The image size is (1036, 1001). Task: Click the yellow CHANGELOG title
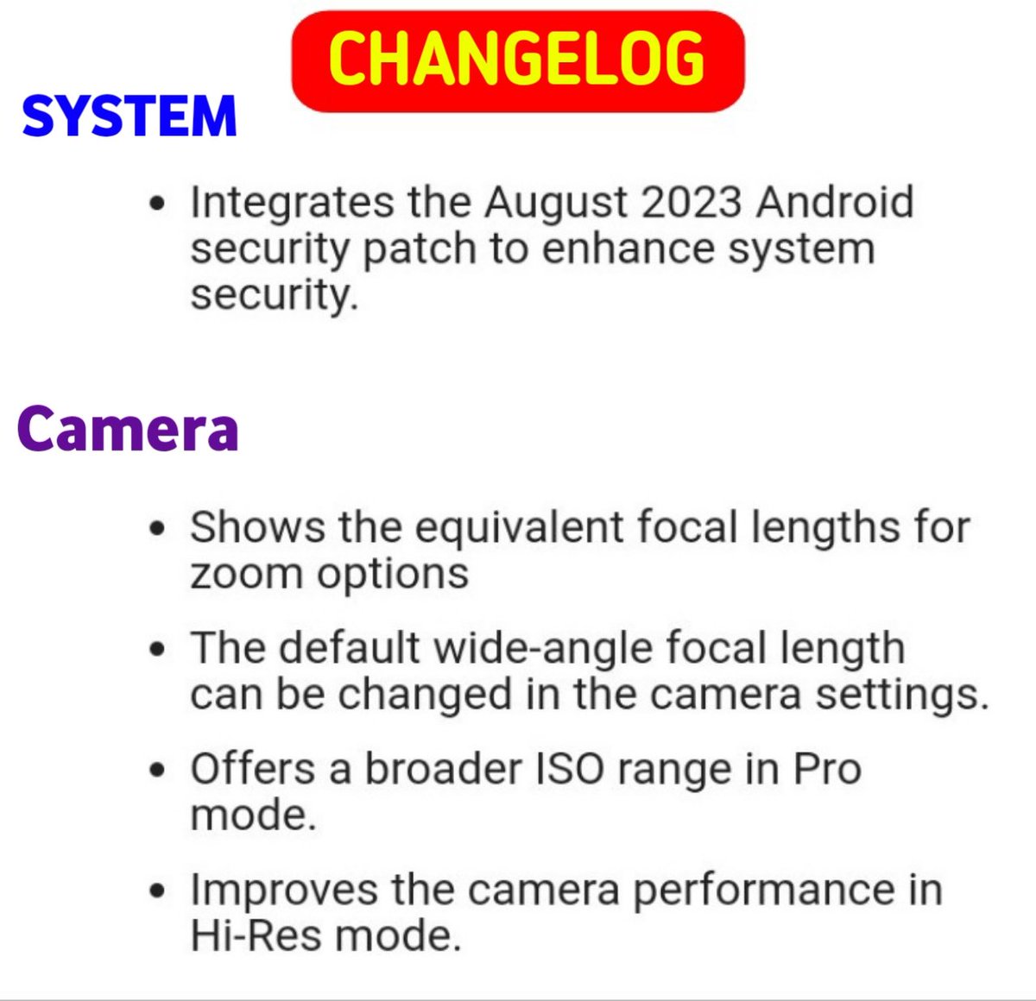pos(517,59)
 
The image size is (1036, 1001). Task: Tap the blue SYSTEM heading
pos(129,116)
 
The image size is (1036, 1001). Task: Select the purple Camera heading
pos(128,429)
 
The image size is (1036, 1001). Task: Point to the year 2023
pos(692,202)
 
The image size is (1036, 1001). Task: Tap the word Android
pos(835,202)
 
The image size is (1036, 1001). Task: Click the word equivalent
pos(520,528)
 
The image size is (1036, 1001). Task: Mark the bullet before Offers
pos(156,770)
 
